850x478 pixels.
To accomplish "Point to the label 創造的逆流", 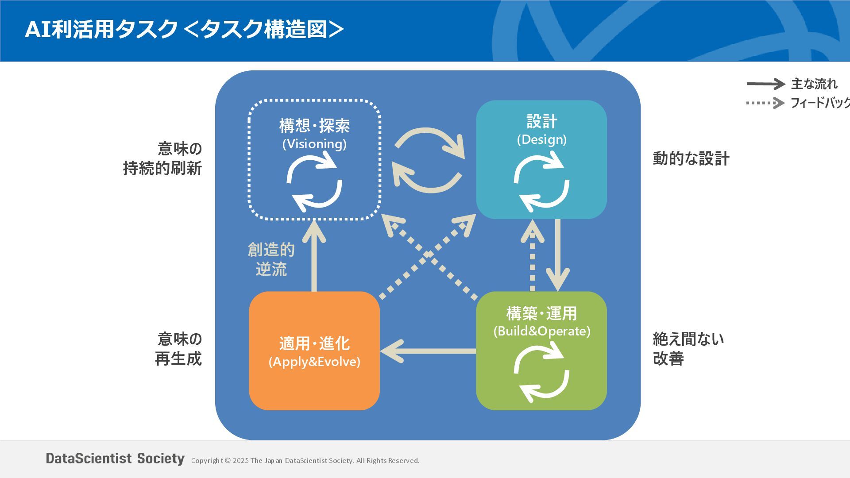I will click(x=271, y=259).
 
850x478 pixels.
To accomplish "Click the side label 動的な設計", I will click(x=691, y=158).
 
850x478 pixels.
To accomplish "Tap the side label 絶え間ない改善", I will click(x=688, y=349).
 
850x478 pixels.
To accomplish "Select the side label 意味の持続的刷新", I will click(x=163, y=158).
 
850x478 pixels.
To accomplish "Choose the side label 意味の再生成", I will click(x=178, y=349).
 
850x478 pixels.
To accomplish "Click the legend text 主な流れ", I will click(x=814, y=84).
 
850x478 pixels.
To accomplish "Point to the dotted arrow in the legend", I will click(x=765, y=103).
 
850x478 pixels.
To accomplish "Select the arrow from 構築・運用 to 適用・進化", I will click(x=428, y=351).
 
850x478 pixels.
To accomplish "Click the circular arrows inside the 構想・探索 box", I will click(x=314, y=181).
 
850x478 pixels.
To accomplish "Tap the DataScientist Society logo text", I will click(x=115, y=459).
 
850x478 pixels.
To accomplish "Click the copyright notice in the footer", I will click(x=305, y=461).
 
